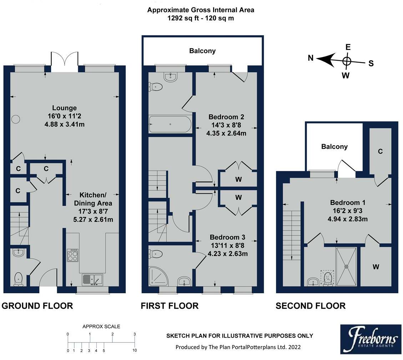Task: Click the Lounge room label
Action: (x=64, y=108)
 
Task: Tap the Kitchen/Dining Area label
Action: (x=93, y=199)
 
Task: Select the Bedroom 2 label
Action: (x=226, y=117)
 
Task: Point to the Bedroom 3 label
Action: (x=227, y=237)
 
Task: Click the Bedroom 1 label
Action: (x=348, y=203)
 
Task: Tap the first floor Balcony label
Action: (x=202, y=51)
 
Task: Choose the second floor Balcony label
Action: (x=334, y=147)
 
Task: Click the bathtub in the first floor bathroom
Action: (x=170, y=125)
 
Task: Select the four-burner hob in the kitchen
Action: (x=72, y=255)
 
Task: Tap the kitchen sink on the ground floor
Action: (x=92, y=280)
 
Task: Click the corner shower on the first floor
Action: (x=158, y=276)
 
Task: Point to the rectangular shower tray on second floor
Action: (x=346, y=267)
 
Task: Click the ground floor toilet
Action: (x=19, y=279)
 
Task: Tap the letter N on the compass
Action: (x=311, y=58)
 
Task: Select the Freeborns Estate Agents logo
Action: (x=371, y=339)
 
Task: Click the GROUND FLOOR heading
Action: (x=37, y=306)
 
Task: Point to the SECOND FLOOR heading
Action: (x=311, y=306)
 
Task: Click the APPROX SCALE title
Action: (x=101, y=326)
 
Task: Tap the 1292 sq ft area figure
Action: (x=183, y=18)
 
